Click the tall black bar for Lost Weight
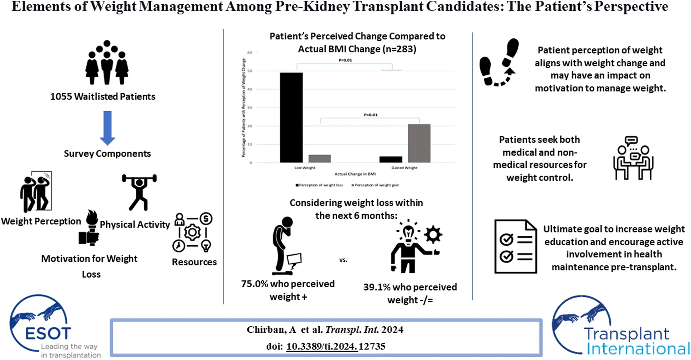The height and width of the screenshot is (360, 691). pos(291,117)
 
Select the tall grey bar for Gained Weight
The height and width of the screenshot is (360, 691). pos(419,143)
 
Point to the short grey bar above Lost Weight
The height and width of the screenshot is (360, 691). pos(320,158)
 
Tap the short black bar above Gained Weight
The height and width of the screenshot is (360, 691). pos(390,159)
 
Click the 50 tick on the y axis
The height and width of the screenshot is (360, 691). pos(250,71)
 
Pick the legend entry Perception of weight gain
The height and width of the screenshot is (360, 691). pos(375,185)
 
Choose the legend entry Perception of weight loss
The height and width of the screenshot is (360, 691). pos(319,185)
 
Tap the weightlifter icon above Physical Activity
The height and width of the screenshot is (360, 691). pos(139,192)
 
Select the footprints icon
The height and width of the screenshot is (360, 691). pos(499,62)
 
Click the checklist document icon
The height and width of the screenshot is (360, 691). pos(516,246)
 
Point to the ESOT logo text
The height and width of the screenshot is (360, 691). pos(48,333)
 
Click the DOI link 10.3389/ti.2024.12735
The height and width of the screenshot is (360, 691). pos(336,346)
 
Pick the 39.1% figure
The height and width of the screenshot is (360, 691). pos(377,287)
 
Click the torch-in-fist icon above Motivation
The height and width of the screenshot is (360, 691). pos(90,228)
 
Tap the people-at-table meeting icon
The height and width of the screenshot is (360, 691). pos(633,158)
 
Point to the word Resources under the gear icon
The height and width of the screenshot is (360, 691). pos(194,262)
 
